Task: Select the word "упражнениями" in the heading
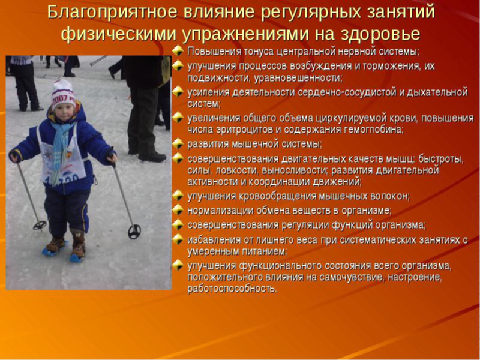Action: click(245, 34)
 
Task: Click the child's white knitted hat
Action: click(63, 94)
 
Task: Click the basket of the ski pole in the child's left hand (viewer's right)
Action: click(134, 231)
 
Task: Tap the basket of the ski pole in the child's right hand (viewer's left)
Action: click(39, 225)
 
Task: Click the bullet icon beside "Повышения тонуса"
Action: click(177, 51)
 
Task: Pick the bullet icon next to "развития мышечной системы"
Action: click(177, 143)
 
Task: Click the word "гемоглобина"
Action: click(373, 129)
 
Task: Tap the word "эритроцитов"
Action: click(244, 129)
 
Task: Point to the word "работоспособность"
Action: click(232, 288)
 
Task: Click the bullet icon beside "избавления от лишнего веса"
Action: click(177, 239)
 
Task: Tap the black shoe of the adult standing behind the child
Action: click(152, 157)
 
